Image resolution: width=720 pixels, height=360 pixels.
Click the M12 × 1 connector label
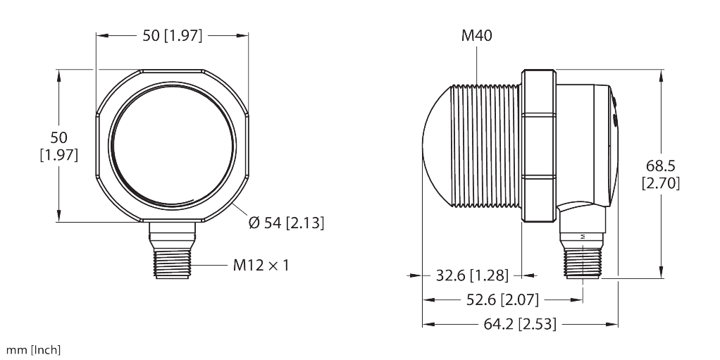pos(261,266)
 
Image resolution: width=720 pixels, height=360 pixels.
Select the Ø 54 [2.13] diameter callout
pos(286,223)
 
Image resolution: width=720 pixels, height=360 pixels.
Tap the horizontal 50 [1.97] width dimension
pos(172,35)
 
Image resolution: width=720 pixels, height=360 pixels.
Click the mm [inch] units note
pos(33,350)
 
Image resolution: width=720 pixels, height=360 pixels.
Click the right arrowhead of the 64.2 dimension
pos(614,324)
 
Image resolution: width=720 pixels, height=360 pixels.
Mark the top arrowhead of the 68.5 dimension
pos(661,74)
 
